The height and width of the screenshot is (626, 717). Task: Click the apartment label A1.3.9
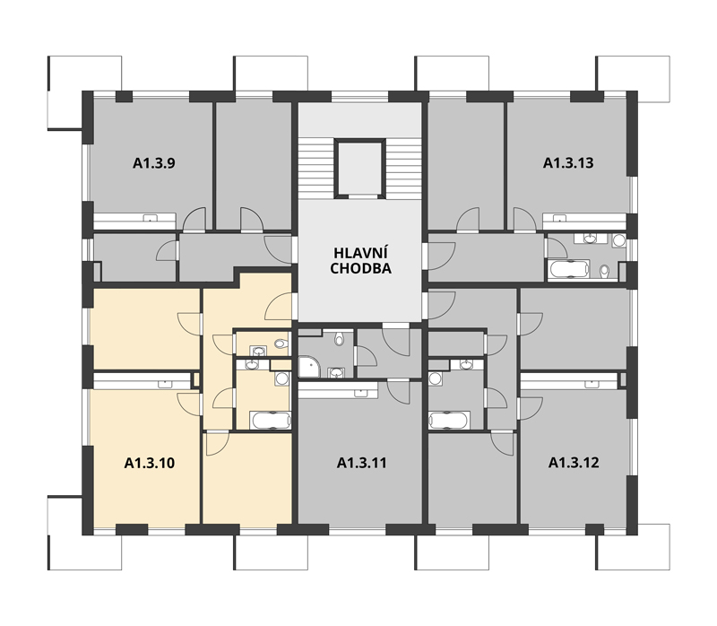click(153, 163)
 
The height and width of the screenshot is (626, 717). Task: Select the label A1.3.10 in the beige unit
click(150, 463)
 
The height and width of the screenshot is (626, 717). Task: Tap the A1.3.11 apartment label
click(362, 463)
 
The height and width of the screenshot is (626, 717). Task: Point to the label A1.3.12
click(574, 463)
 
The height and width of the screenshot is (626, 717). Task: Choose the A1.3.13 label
click(568, 163)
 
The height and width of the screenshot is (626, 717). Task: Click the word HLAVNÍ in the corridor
click(360, 253)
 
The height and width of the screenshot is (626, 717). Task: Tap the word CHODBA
click(361, 269)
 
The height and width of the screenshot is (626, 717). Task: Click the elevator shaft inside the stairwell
click(360, 168)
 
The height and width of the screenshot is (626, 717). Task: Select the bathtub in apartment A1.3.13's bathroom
click(569, 269)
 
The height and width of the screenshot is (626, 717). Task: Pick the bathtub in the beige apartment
click(271, 421)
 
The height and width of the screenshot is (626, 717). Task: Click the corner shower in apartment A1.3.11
click(309, 368)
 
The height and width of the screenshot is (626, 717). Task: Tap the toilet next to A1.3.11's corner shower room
click(339, 339)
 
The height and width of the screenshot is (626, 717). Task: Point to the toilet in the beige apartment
click(281, 343)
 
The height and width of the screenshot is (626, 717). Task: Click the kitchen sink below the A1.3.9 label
click(150, 218)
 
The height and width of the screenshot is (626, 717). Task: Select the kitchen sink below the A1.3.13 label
click(559, 217)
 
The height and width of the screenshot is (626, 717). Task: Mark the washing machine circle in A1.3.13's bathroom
click(619, 240)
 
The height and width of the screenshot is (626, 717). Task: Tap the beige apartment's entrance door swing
click(278, 307)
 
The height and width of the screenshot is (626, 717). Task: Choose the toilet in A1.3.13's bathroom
click(604, 272)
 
